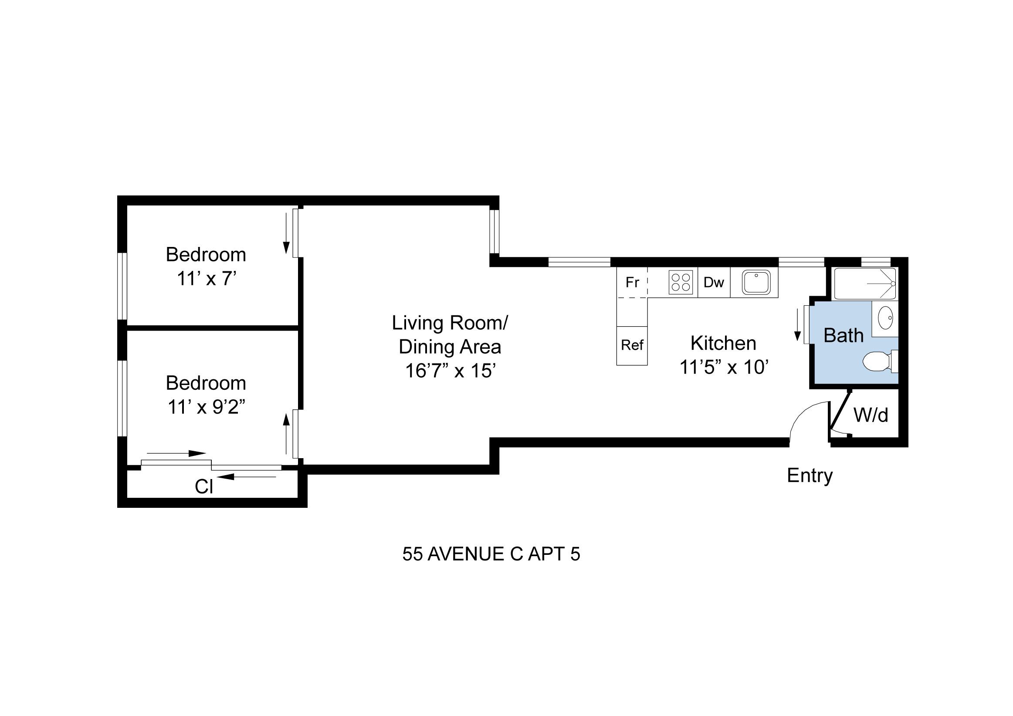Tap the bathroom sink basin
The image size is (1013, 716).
pos(885,318)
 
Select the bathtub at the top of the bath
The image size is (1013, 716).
pos(865,283)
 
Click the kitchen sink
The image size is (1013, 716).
pos(756,282)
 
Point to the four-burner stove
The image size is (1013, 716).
pos(680,282)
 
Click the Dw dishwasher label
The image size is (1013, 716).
pos(713,282)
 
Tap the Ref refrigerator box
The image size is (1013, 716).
pos(632,345)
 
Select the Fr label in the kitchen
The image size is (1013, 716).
pos(632,282)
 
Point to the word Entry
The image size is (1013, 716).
pos(810,476)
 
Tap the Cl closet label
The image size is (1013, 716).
pos(204,487)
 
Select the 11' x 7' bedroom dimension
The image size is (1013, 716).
pos(207,279)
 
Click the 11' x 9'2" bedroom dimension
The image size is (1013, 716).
pos(206,407)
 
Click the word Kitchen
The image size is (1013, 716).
pos(723,343)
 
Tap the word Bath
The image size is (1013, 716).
pos(843,336)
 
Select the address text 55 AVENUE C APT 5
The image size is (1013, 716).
pos(491,554)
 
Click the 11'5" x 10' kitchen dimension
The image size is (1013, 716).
pos(724,367)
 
